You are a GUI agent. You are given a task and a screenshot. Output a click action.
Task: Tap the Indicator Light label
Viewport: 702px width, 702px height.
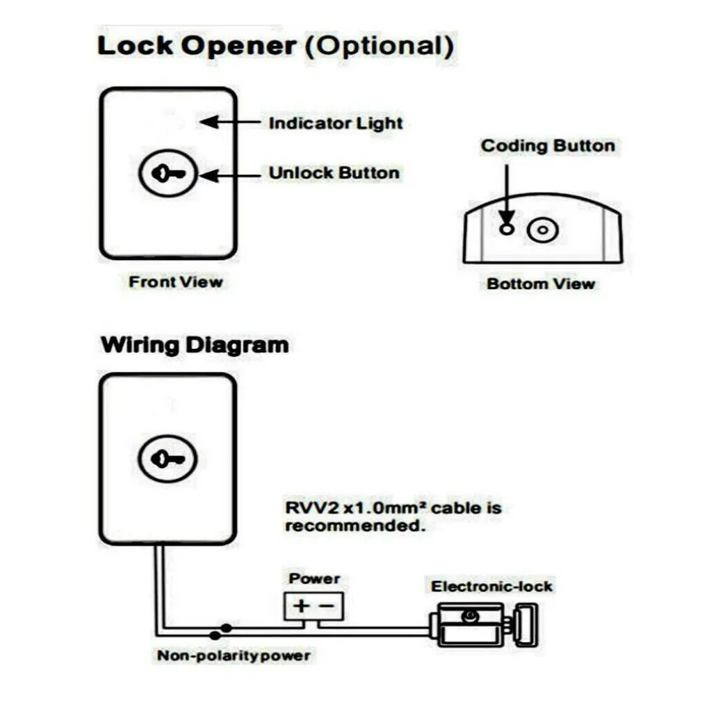click(336, 124)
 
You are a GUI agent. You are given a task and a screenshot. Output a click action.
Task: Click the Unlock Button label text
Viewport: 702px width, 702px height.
click(334, 173)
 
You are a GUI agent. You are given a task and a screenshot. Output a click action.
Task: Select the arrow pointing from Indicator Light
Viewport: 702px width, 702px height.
click(230, 122)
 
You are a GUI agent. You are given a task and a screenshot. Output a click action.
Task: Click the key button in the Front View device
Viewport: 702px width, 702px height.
click(168, 173)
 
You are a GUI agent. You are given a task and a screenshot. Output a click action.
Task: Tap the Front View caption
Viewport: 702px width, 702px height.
click(176, 281)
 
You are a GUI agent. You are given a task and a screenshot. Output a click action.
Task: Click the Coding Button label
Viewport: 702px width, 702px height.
click(548, 146)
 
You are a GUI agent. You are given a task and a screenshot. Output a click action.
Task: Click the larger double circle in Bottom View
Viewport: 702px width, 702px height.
click(543, 230)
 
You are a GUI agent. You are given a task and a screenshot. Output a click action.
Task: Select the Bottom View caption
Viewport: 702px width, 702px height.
click(541, 284)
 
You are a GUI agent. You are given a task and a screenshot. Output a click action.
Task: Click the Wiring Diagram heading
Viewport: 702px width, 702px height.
click(195, 345)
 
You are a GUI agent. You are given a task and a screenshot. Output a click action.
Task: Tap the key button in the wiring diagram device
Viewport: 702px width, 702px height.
click(168, 458)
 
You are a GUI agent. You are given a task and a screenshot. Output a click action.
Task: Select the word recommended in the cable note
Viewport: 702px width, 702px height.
click(354, 526)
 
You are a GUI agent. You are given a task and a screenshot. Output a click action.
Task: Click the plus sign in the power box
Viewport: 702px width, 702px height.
click(301, 605)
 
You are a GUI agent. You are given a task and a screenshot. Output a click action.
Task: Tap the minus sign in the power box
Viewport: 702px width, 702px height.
click(328, 605)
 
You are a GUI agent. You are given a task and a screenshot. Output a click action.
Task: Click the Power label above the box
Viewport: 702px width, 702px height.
click(315, 578)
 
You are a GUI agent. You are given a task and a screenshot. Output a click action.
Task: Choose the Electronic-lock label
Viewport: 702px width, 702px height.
click(491, 586)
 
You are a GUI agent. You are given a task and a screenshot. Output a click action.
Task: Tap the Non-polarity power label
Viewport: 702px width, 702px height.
click(234, 655)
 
